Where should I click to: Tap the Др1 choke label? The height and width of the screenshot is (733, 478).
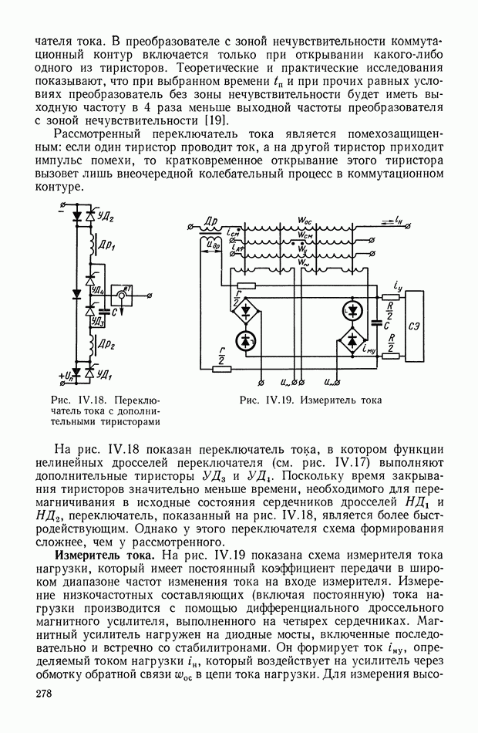[106, 246]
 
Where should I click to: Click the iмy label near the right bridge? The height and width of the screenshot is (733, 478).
[369, 349]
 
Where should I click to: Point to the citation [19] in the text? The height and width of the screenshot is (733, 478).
[216, 120]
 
